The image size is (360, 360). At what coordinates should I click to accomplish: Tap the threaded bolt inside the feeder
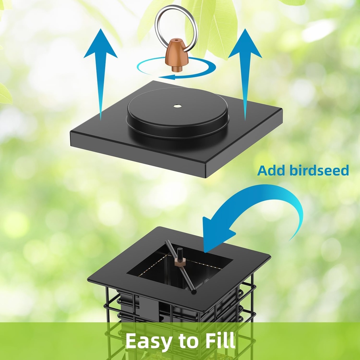point(180,253)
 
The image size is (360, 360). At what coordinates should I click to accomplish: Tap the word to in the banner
point(187,341)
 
